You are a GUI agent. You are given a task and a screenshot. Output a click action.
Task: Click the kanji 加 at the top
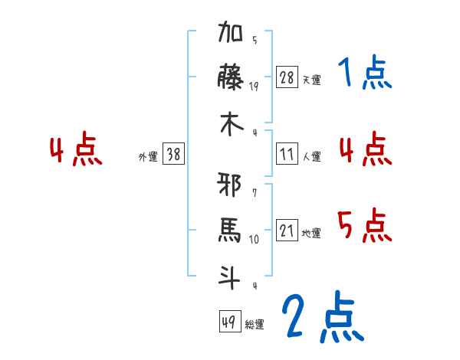coord(231,35)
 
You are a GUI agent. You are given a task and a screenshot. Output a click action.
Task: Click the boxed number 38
coord(174,155)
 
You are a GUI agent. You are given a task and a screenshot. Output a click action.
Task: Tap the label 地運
coord(311,233)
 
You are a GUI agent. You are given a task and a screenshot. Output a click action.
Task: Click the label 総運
coord(255,324)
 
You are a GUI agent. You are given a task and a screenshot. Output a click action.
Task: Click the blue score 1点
coord(365,74)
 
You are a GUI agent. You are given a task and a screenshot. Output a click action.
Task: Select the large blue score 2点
coord(323,317)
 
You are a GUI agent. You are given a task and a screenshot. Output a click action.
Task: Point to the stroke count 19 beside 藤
coord(254,86)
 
